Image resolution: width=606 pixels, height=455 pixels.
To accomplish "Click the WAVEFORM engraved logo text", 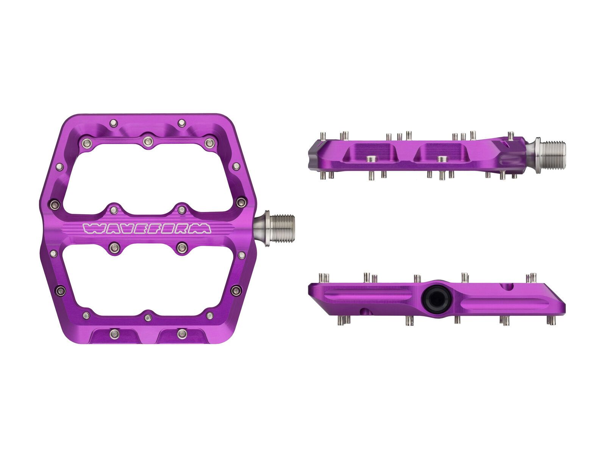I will [147, 228].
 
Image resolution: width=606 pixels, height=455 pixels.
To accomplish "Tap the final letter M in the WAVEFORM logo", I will [204, 228].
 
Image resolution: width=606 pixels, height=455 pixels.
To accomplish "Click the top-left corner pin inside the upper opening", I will [87, 143].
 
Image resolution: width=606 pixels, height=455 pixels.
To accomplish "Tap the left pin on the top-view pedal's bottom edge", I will [114, 333].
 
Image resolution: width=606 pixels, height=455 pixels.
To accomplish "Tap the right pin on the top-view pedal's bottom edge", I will [181, 333].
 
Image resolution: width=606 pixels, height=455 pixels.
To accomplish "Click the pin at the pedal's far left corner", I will [56, 205].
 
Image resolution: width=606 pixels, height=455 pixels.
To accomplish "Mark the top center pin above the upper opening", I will [147, 141].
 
